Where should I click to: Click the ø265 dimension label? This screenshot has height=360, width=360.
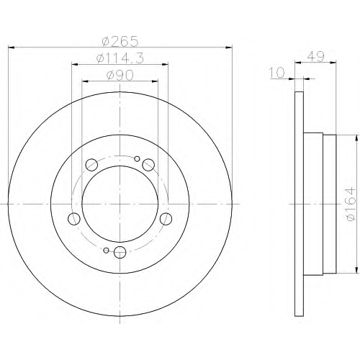click(x=120, y=41)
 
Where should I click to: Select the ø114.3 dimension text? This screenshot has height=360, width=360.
click(x=120, y=58)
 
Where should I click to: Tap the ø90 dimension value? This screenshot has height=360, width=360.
click(x=120, y=76)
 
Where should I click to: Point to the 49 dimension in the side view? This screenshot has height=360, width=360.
click(x=315, y=57)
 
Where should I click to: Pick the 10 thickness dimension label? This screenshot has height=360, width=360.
click(x=277, y=73)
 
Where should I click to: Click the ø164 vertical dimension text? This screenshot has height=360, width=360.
click(x=349, y=204)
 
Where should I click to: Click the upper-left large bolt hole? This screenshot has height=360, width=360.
click(x=91, y=165)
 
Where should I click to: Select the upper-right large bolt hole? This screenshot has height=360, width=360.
click(x=148, y=165)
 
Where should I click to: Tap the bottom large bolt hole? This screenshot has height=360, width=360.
click(x=120, y=252)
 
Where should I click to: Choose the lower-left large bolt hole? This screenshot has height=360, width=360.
click(x=74, y=219)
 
